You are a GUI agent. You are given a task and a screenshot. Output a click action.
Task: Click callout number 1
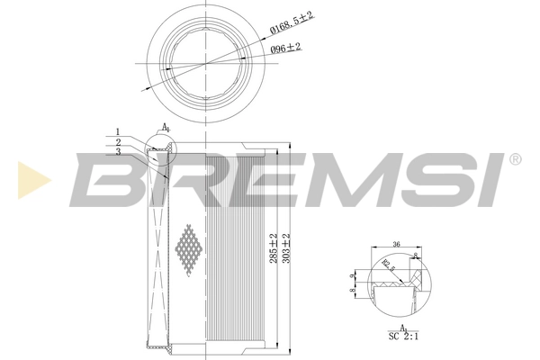(x=117, y=131)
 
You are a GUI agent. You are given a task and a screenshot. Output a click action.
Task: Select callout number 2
(x=117, y=141)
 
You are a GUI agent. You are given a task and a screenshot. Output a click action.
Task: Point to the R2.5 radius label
(x=388, y=263)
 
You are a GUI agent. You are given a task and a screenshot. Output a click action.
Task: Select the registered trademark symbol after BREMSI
(x=514, y=159)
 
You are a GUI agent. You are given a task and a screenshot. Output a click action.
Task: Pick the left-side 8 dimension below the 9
(x=353, y=289)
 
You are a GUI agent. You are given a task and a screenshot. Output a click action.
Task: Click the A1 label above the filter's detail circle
(x=166, y=127)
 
